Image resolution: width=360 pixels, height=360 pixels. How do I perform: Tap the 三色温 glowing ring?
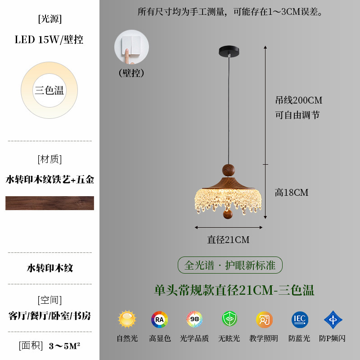[49, 90]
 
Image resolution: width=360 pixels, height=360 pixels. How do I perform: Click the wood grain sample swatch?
[49, 203]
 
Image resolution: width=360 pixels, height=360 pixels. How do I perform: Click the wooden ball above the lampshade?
[229, 170]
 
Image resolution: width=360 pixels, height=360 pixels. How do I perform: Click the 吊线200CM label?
[299, 100]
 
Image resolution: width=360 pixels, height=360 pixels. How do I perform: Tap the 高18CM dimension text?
[292, 193]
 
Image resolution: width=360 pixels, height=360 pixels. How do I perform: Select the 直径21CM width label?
[228, 240]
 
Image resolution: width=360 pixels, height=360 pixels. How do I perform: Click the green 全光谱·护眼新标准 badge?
[230, 265]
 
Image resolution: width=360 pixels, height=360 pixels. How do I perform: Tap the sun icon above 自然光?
[127, 319]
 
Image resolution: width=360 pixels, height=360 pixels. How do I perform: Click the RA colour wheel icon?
[159, 319]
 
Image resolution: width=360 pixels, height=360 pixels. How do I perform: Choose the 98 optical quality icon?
[194, 319]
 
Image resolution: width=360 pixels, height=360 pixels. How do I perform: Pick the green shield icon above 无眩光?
[229, 319]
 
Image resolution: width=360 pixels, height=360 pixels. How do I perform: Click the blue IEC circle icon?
[300, 319]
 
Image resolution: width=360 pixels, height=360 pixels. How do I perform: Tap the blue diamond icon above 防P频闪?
[333, 319]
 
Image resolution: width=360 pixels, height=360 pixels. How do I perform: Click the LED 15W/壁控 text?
[49, 40]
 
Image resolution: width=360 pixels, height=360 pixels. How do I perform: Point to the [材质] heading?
[49, 159]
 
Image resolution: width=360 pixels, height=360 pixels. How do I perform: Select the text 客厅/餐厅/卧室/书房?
[49, 315]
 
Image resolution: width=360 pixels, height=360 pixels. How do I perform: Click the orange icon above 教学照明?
[264, 319]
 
